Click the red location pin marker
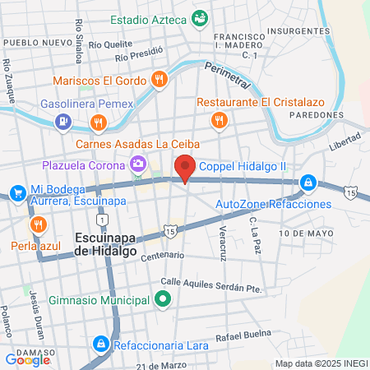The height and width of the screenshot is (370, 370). pos(185,167)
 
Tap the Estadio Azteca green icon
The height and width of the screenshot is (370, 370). pos(199,17)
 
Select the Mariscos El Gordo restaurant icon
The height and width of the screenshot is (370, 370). pos(159,80)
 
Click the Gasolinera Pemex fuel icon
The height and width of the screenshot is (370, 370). pos(62,122)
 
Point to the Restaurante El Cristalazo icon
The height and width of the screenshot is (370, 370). pos(218,121)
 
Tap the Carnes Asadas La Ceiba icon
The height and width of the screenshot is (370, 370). pos(98,122)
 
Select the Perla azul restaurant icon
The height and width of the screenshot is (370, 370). pos(37,224)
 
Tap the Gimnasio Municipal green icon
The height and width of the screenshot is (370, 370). pos(162,300)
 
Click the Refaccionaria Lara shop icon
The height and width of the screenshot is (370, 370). pos(99,342)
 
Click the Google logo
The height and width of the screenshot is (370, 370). pos(28,359)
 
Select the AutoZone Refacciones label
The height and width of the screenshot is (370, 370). pos(274,203)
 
